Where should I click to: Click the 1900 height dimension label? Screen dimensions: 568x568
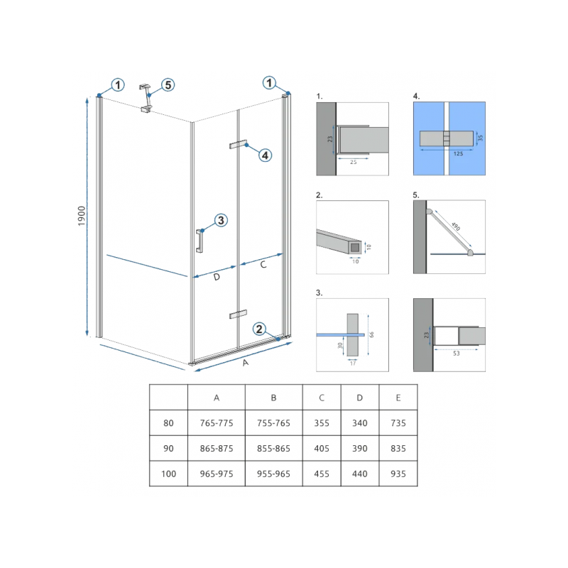click(x=82, y=216)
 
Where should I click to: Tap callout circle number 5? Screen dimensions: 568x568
click(x=168, y=85)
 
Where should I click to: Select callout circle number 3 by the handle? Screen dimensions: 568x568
click(x=221, y=220)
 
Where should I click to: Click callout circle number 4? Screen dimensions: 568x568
click(x=265, y=155)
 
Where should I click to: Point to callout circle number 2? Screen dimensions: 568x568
click(x=259, y=329)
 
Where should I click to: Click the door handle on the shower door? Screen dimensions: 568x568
click(x=200, y=241)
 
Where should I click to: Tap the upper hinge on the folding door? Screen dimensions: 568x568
click(x=238, y=144)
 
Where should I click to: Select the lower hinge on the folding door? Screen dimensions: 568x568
click(x=238, y=315)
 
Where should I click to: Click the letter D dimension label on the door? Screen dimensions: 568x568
click(x=217, y=277)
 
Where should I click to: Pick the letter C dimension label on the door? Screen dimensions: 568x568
click(x=263, y=265)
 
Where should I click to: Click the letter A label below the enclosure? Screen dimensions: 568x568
click(x=246, y=363)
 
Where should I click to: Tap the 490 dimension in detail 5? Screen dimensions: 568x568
click(x=456, y=226)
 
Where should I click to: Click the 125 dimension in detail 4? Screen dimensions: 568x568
click(x=458, y=153)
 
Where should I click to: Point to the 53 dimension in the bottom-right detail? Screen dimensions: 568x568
click(x=456, y=353)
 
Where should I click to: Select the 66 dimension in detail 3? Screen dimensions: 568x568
click(x=371, y=334)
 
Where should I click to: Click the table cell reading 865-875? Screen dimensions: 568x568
click(x=217, y=449)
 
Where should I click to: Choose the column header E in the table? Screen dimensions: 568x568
click(x=398, y=398)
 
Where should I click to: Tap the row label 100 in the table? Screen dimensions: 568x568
click(x=168, y=474)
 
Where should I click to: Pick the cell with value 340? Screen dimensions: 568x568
click(x=360, y=423)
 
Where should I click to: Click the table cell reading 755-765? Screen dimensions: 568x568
click(x=274, y=423)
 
